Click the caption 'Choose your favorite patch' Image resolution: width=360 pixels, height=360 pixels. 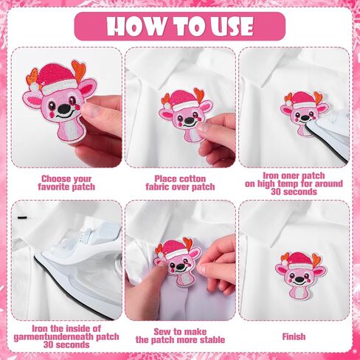pyautogui.click(x=66, y=183)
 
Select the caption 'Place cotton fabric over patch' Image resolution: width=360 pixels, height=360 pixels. pyautogui.click(x=180, y=183)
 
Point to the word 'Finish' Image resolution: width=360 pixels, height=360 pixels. pyautogui.click(x=294, y=336)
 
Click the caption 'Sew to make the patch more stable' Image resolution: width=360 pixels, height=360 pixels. pyautogui.click(x=180, y=336)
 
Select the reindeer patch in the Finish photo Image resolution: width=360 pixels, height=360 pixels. pyautogui.click(x=301, y=275)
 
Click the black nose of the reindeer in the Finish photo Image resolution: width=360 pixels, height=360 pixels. pyautogui.click(x=299, y=280)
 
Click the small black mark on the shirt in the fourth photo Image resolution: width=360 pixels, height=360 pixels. pyautogui.click(x=22, y=218)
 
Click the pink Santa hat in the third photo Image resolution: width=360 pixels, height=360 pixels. pyautogui.click(x=301, y=100)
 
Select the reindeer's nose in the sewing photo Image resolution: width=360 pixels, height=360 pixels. pyautogui.click(x=181, y=266)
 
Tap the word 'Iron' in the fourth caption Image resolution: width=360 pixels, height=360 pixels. pyautogui.click(x=40, y=328)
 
